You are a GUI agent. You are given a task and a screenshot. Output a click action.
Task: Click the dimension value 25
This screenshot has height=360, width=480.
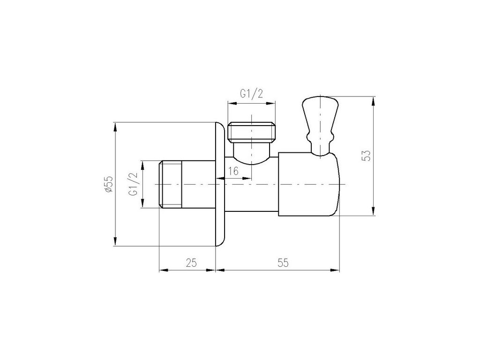pos(191,262)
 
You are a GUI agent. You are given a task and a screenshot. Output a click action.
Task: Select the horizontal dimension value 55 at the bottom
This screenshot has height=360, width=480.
pos(283,262)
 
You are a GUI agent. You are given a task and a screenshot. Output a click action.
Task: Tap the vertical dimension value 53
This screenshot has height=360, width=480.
pos(366,156)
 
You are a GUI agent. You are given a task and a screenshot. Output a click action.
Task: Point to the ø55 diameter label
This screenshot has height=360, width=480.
pos(109,184)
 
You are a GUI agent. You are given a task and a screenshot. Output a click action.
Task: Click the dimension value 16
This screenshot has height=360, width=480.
pos(233,171)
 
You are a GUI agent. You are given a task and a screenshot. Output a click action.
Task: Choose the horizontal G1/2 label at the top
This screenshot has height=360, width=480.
pos(251,94)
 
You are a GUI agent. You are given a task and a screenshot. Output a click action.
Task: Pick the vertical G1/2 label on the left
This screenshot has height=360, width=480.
pos(134,184)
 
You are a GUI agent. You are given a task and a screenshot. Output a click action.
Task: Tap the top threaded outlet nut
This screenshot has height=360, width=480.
pos(251,132)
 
